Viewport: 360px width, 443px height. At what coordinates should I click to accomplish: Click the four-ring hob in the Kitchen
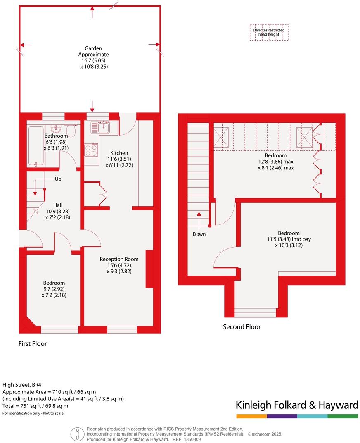(91, 150)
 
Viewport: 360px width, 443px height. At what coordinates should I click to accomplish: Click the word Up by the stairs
(59, 179)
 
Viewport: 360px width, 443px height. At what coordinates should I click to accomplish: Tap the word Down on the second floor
(199, 234)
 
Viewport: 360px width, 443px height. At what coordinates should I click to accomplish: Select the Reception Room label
(119, 259)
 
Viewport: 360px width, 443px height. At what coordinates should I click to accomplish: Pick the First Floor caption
(33, 343)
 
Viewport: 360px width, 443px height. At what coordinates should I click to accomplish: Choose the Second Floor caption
(242, 327)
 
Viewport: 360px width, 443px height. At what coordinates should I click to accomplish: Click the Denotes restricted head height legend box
(269, 32)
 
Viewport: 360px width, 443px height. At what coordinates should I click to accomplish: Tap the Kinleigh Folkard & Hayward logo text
(297, 405)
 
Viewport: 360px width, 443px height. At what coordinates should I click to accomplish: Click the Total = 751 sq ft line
(36, 406)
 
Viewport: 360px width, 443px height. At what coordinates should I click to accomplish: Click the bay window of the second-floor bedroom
(255, 312)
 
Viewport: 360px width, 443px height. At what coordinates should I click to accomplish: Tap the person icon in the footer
(76, 434)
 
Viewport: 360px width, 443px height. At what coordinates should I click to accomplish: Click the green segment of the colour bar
(343, 416)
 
